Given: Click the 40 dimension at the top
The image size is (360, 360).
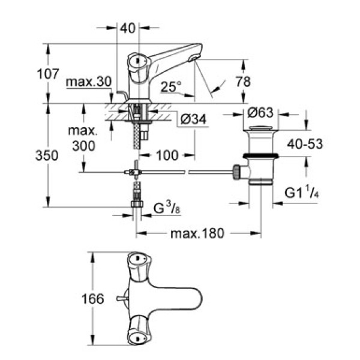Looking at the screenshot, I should (x=127, y=28).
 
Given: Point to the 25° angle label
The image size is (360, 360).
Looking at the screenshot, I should (x=172, y=88).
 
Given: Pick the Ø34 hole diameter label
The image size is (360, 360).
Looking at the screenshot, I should (x=193, y=120).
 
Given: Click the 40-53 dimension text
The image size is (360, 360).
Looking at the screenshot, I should (x=299, y=145).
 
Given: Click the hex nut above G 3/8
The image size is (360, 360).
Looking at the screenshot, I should (x=137, y=204).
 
